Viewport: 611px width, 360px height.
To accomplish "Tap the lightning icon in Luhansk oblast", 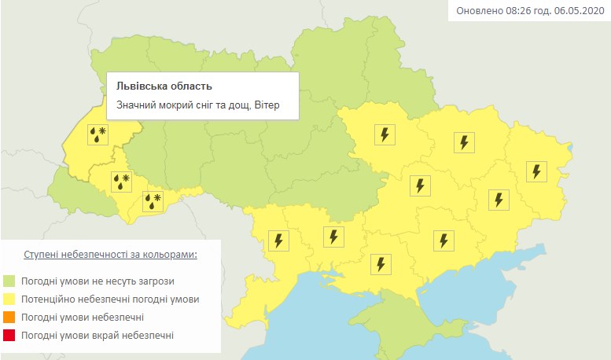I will [537, 171].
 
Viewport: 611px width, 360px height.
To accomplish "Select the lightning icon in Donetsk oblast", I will [498, 200].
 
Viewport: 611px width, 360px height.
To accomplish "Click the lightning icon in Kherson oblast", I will [381, 264].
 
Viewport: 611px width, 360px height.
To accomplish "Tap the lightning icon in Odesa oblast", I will [279, 240].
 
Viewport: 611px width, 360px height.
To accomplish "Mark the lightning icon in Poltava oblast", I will [385, 134].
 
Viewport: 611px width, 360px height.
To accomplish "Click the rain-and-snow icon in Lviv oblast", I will [98, 134].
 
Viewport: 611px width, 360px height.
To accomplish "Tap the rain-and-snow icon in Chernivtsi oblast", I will [152, 201].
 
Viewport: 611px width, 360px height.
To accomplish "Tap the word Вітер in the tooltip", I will [267, 105].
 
